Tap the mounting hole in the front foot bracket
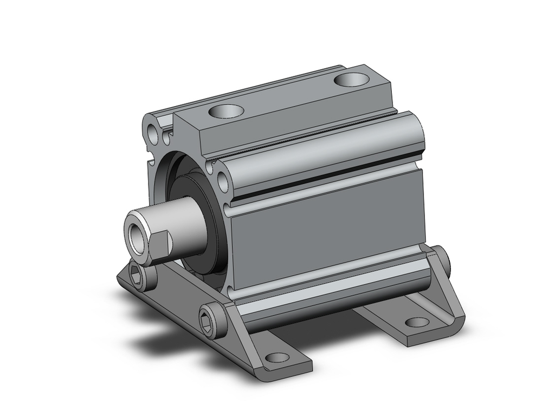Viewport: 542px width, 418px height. tap(278, 357)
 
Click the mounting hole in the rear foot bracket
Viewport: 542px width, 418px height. tap(416, 322)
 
